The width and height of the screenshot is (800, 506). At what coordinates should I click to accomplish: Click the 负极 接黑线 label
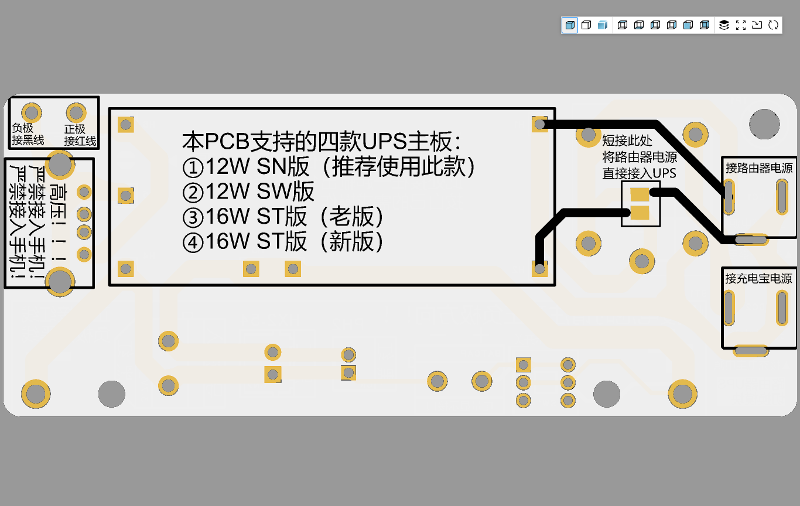tap(28, 134)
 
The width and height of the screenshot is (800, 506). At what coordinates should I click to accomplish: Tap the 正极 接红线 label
tap(80, 135)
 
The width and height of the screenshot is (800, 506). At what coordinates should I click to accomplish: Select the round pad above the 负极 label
tap(32, 113)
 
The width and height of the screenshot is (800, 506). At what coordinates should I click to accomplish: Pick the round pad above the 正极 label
tap(76, 113)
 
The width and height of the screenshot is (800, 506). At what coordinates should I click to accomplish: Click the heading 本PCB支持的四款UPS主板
tap(322, 141)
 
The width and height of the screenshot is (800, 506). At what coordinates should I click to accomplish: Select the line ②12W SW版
tap(248, 192)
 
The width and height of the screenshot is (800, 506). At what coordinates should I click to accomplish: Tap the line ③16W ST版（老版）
tap(283, 217)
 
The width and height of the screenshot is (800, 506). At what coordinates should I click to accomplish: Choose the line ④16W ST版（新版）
tap(283, 241)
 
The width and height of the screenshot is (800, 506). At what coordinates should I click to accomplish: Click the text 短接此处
tap(627, 141)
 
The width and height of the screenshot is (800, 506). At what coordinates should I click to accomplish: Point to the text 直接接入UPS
tap(640, 173)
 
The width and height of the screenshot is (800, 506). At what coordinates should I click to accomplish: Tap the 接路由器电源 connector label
tap(759, 168)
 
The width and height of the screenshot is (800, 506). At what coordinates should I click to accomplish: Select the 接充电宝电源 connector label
tap(758, 279)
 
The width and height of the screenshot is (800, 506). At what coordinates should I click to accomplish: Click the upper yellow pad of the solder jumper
tap(640, 195)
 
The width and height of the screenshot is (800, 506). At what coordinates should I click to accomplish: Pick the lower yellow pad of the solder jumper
tap(640, 213)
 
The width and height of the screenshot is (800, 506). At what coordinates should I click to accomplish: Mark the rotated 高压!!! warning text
tap(58, 222)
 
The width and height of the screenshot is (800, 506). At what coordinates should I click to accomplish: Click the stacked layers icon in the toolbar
tap(724, 25)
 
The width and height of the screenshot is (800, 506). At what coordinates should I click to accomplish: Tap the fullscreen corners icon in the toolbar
tap(741, 25)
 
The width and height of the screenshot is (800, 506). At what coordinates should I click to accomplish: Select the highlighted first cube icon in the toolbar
tap(570, 25)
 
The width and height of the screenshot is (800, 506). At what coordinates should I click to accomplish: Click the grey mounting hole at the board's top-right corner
tap(764, 124)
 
